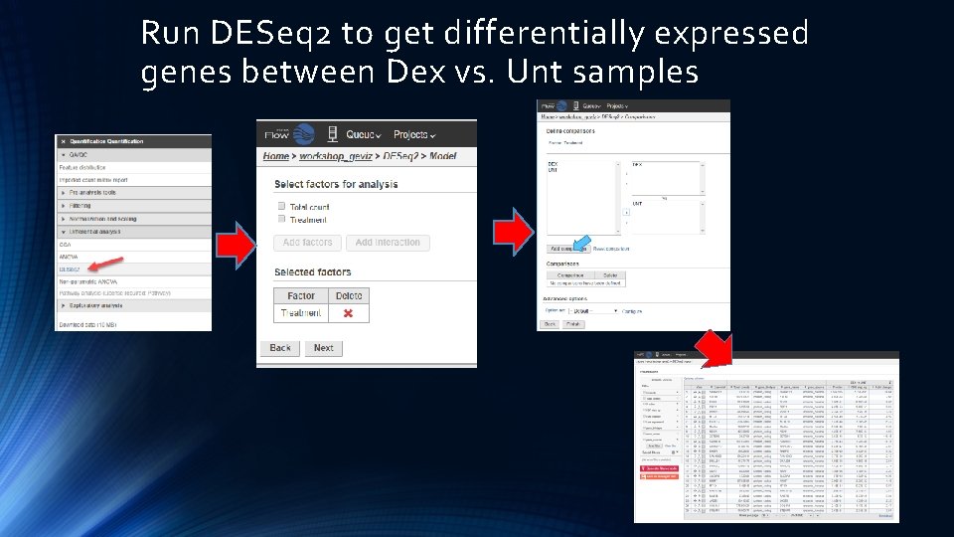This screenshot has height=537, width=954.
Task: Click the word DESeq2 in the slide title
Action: pyautogui.click(x=269, y=33)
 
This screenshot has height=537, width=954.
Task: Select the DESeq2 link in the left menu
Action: pyautogui.click(x=69, y=268)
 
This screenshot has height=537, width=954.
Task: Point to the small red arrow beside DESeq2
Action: pyautogui.click(x=103, y=266)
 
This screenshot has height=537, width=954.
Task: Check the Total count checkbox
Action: pyautogui.click(x=282, y=206)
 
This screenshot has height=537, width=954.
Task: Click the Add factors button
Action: pyautogui.click(x=307, y=243)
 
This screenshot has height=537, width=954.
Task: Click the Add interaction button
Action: pyautogui.click(x=387, y=243)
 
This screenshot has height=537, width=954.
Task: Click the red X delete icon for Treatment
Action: pyautogui.click(x=348, y=313)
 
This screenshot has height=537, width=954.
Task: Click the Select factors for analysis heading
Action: pyautogui.click(x=336, y=184)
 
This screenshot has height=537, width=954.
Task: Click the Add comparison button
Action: pyautogui.click(x=565, y=249)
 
